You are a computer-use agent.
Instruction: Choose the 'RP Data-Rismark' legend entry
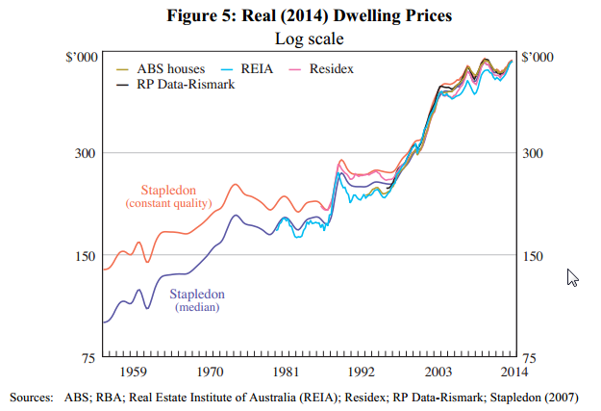(179, 85)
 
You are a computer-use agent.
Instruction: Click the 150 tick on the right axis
(532, 255)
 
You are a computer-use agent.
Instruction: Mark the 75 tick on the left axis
(86, 357)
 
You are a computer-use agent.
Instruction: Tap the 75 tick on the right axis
(529, 357)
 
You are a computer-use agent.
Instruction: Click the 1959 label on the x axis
(133, 371)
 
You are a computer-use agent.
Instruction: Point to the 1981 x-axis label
(285, 371)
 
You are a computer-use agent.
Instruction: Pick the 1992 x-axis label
(361, 371)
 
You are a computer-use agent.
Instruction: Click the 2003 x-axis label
(438, 371)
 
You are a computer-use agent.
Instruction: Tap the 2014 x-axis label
(513, 371)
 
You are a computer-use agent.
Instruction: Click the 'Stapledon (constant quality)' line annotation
(168, 196)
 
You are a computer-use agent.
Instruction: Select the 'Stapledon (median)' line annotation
(197, 300)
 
